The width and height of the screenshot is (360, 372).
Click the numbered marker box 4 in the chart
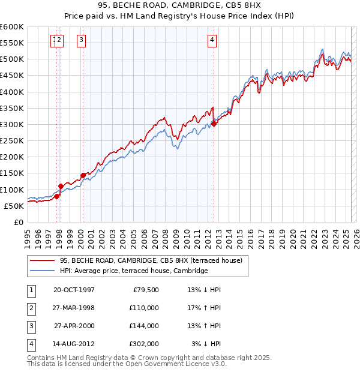click(x=212, y=40)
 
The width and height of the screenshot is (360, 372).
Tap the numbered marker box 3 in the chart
click(x=81, y=40)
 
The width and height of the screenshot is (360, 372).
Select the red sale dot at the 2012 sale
click(x=214, y=124)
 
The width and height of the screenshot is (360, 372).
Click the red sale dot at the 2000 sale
click(x=83, y=175)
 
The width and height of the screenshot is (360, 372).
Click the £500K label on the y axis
click(x=11, y=59)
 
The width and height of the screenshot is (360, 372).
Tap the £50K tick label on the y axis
click(x=14, y=206)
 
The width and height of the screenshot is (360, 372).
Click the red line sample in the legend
click(x=42, y=261)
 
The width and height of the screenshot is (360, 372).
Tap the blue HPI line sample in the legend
click(x=42, y=271)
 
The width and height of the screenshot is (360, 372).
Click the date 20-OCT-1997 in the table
click(x=74, y=290)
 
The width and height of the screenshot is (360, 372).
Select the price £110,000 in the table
click(x=143, y=308)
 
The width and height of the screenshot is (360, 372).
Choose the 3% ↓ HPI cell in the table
click(x=206, y=344)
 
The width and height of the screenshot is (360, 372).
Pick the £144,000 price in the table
click(x=143, y=326)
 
